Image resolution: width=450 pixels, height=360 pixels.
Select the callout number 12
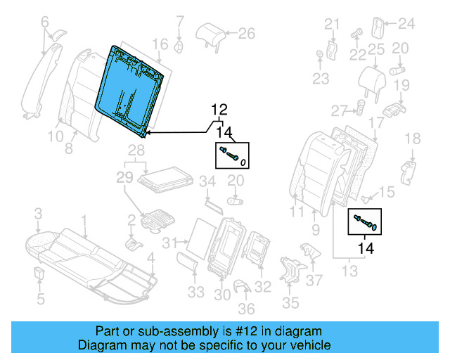click(220, 110)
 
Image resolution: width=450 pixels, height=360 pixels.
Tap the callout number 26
click(246, 32)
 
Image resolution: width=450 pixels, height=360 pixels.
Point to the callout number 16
click(160, 44)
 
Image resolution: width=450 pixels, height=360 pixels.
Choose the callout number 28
click(136, 152)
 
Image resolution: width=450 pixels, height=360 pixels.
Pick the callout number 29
click(124, 178)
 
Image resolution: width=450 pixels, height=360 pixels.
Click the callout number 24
click(407, 24)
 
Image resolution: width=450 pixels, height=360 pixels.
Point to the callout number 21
click(332, 25)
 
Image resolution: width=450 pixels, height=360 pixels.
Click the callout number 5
click(40, 300)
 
